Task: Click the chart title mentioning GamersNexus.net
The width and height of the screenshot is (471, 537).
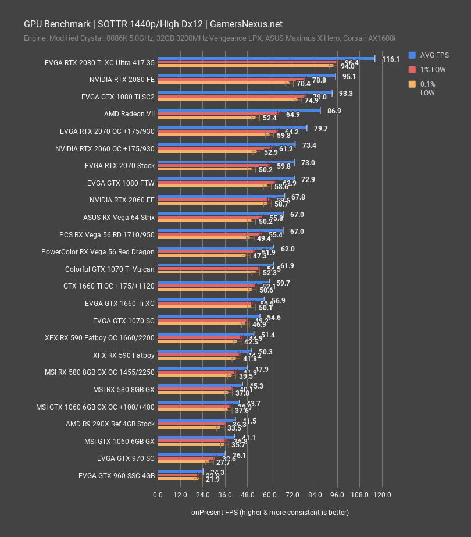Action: point(153,24)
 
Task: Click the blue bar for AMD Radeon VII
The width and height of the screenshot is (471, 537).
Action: point(238,109)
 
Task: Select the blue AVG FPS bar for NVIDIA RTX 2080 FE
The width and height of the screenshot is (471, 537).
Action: point(246,76)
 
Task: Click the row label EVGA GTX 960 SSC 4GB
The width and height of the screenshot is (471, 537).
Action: point(116,475)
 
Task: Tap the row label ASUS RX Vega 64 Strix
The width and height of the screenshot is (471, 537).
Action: point(119,218)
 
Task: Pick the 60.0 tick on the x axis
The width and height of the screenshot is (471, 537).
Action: point(270,495)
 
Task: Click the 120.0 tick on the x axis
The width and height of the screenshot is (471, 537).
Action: point(382,495)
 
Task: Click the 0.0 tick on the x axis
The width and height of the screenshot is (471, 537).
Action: point(158,495)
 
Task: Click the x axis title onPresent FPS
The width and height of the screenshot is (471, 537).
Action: point(270,513)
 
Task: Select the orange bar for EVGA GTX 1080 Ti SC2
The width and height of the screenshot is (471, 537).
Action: point(227,100)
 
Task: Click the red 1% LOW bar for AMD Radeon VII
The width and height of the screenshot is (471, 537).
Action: point(218,113)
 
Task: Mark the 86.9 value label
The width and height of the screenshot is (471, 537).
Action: point(334,111)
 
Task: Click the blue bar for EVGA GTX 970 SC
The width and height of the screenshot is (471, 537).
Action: point(191,454)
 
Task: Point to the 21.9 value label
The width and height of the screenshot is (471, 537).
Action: point(212,479)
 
